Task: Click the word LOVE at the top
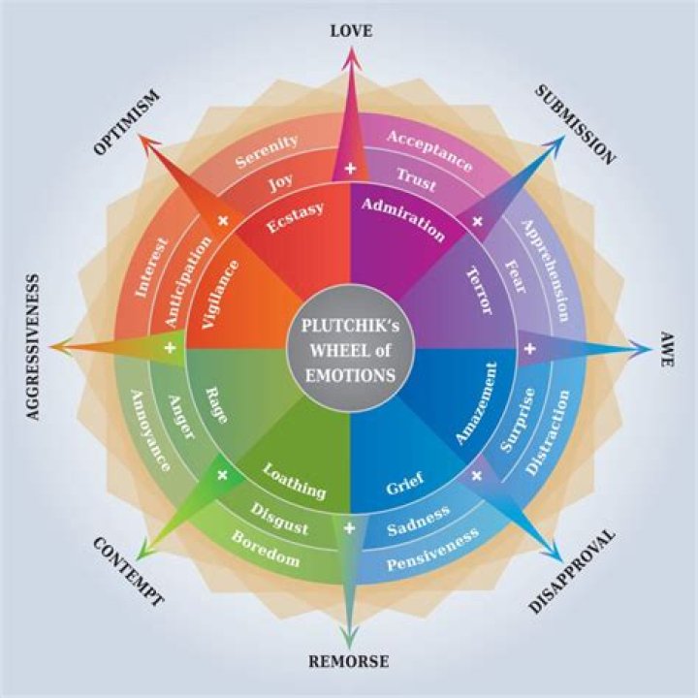[x=350, y=30]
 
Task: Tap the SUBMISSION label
[x=575, y=123]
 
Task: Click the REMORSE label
[x=349, y=662]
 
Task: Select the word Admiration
[x=403, y=218]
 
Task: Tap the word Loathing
[x=295, y=479]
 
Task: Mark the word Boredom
[x=265, y=550]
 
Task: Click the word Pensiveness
[x=433, y=549]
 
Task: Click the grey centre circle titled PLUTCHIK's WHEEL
[x=349, y=349]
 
